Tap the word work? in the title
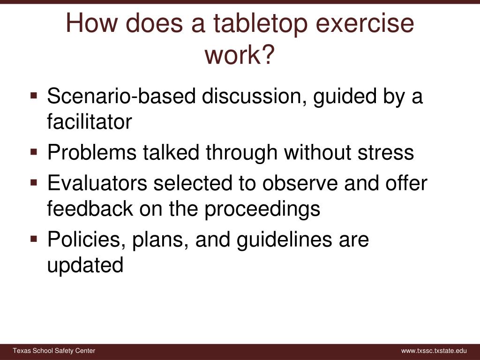pos(240,55)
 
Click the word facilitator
pos(90,122)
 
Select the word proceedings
pos(262,209)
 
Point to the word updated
pos(85,265)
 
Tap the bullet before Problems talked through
pos(34,152)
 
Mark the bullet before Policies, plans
pos(34,239)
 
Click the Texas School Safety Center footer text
pos(54,351)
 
